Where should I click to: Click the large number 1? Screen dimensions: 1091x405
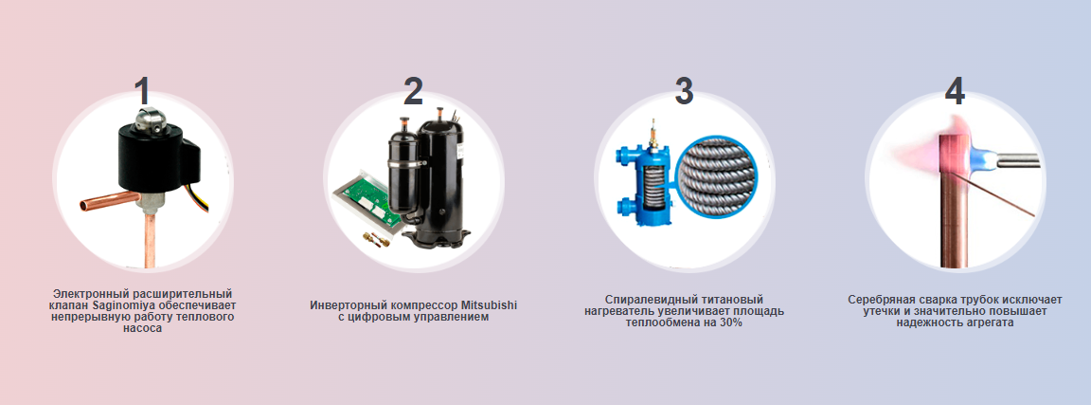pos(143,91)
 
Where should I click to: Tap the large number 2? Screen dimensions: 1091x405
pos(413,91)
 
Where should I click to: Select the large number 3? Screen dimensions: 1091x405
pos(684,91)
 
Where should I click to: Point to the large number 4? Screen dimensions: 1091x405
pos(955,91)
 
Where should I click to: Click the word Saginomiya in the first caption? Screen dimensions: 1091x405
pos(122,305)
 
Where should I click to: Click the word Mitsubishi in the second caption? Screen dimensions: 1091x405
pos(489,305)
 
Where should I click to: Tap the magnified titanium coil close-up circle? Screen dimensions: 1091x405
pos(718,177)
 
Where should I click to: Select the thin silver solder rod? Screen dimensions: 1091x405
pos(996,195)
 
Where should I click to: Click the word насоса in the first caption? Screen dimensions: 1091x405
pos(142,329)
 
